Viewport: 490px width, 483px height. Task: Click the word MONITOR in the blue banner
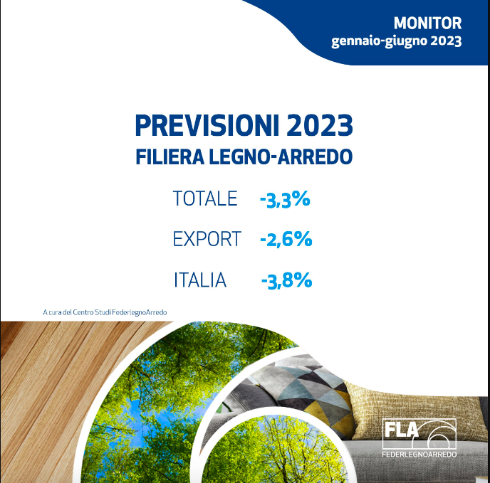[x=427, y=23]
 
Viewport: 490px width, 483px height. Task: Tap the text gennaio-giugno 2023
[x=397, y=41]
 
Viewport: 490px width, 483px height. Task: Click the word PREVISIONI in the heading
[x=207, y=125]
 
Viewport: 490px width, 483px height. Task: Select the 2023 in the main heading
[x=319, y=125]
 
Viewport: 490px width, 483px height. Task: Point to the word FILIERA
[x=170, y=156]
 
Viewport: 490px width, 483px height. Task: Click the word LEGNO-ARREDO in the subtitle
[x=281, y=156]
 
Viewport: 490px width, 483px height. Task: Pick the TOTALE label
[x=205, y=198]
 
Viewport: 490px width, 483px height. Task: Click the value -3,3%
[x=285, y=199]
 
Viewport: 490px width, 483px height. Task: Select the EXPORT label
[x=207, y=239]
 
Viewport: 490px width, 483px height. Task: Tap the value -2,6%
[x=286, y=240]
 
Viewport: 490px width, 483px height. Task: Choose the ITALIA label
[x=200, y=280]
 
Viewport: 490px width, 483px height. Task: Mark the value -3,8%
[x=286, y=280]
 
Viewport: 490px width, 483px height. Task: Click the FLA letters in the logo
[x=401, y=430]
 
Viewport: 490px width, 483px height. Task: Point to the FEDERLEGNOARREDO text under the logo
[x=419, y=455]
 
